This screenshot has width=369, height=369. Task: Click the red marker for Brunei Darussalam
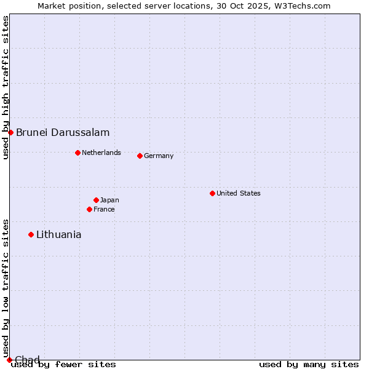click(10, 132)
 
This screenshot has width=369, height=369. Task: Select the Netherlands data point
click(77, 153)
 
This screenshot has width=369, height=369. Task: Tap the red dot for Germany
click(140, 156)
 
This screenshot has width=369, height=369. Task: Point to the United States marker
click(212, 193)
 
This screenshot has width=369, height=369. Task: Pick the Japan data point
click(96, 200)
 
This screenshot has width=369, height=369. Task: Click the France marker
click(89, 209)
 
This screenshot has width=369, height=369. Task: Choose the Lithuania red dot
click(31, 234)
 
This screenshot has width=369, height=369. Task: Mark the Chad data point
click(9, 360)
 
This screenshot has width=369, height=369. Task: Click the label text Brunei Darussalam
click(63, 132)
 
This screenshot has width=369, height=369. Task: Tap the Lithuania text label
click(58, 234)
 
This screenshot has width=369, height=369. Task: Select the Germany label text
click(159, 156)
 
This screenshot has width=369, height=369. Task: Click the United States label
click(239, 193)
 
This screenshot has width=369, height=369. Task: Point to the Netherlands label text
click(101, 153)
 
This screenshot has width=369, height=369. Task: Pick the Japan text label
click(109, 200)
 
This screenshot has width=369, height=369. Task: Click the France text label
click(104, 209)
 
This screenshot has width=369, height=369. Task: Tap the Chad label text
click(27, 360)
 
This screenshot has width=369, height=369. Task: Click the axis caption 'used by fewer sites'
click(63, 365)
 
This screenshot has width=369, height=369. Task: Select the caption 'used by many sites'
click(309, 365)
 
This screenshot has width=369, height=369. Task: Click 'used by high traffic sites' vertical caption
click(6, 87)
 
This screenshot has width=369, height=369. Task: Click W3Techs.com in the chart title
click(303, 6)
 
